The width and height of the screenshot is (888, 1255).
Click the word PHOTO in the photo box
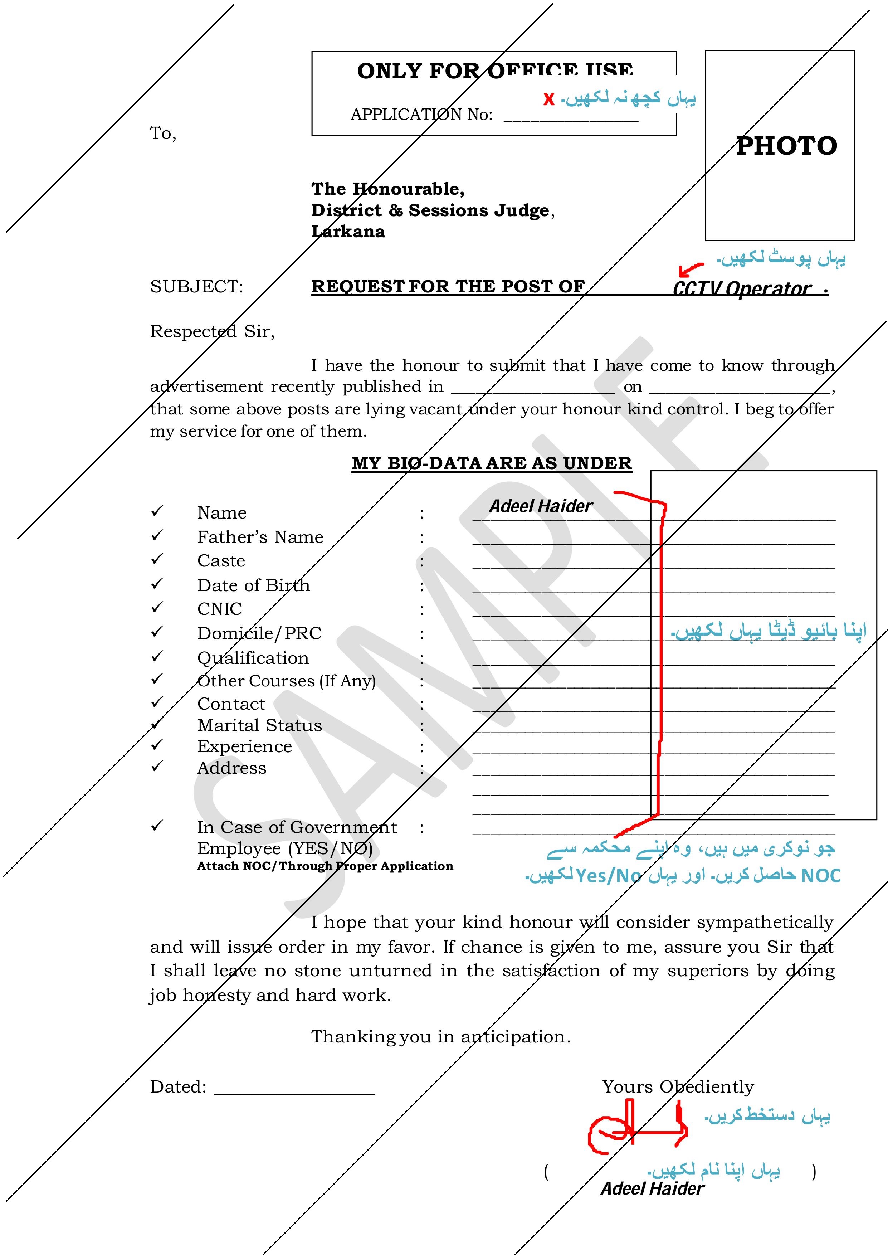786,146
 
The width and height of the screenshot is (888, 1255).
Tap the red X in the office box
549,99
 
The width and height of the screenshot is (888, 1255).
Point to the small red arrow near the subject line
690,269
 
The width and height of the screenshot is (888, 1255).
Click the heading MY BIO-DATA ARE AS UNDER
492,463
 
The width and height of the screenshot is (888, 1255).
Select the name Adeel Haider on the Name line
540,506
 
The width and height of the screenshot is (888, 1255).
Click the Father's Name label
260,537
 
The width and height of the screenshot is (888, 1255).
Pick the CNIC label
220,609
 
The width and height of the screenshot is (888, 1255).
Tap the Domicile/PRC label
259,633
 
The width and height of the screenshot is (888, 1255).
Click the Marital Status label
260,725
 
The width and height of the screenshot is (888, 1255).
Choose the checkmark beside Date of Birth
157,584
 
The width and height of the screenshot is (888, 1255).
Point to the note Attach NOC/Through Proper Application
325,866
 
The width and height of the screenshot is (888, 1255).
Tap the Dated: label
178,1086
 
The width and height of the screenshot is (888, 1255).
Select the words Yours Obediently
678,1086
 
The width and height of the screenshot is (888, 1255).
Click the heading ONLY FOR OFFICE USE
495,71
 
